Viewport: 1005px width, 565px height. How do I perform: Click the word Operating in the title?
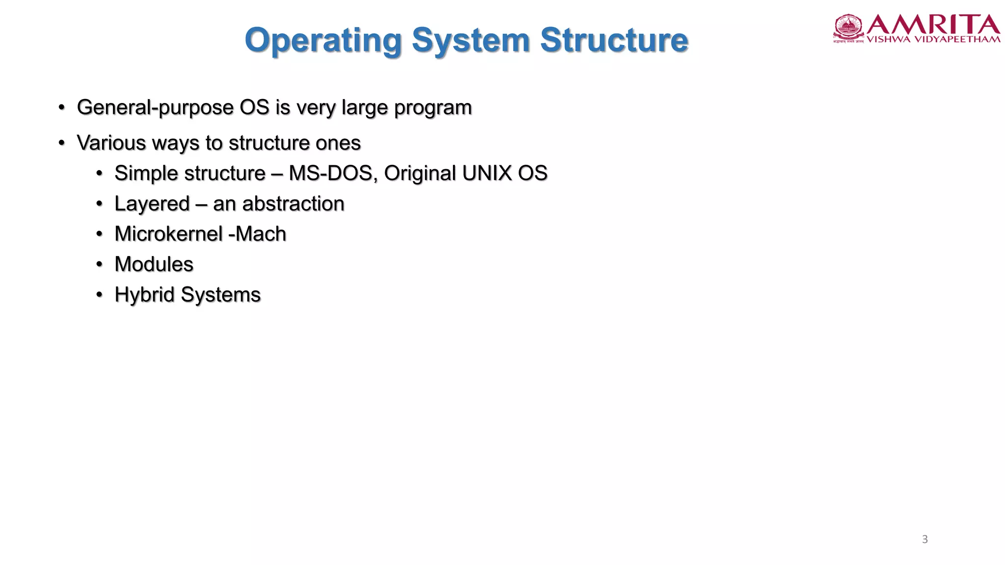323,40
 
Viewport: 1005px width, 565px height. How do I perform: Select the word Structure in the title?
614,40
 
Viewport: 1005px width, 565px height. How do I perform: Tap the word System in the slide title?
471,40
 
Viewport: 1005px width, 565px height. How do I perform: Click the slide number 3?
925,539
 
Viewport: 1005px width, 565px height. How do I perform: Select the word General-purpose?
155,108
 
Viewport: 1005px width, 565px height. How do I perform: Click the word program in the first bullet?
432,108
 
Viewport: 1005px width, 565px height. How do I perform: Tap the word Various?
111,143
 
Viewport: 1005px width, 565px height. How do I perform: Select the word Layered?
152,204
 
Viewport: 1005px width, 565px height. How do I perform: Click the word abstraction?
293,204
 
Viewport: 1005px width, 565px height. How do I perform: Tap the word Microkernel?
168,234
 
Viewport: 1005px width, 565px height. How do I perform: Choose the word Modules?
154,264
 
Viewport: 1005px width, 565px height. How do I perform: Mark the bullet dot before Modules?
100,264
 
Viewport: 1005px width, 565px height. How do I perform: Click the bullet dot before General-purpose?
62,107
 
